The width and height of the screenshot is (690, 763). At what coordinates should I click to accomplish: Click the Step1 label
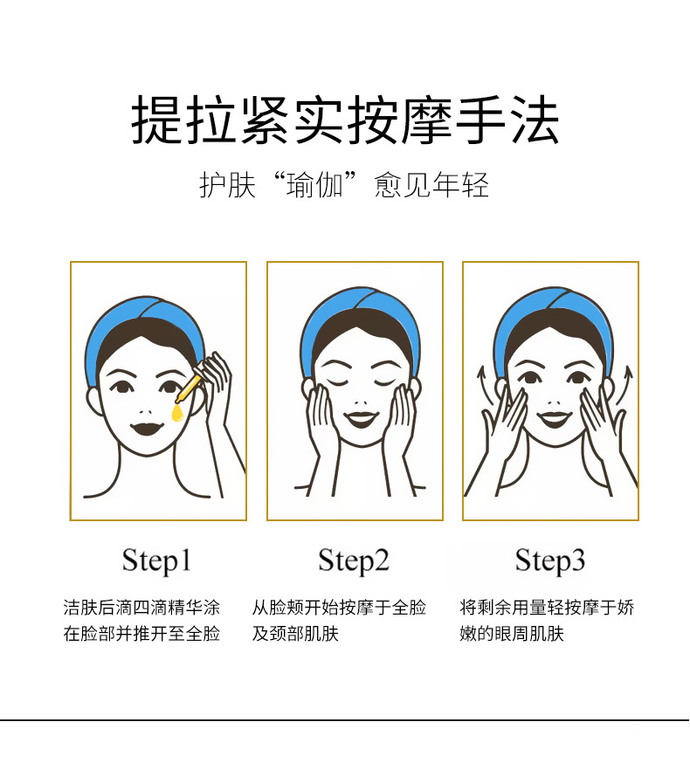(156, 560)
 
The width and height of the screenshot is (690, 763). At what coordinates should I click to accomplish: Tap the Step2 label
(354, 560)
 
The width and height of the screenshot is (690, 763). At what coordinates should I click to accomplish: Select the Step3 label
(549, 560)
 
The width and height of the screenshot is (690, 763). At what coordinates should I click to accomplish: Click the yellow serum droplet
(177, 414)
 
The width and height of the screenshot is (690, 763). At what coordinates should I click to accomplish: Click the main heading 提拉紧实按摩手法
(345, 120)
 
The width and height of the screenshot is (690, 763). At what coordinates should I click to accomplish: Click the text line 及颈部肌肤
(295, 634)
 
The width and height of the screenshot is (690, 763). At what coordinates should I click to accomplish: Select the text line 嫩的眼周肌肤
(512, 634)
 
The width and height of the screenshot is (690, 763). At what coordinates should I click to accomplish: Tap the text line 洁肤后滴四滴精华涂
(141, 608)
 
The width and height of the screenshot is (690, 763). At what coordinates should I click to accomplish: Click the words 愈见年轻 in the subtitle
(431, 185)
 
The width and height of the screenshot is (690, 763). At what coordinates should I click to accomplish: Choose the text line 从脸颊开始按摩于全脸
(339, 608)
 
